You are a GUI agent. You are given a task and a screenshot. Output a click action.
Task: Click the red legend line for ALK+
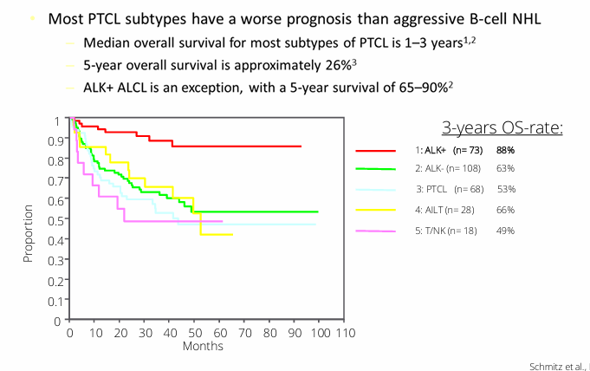coord(376,151)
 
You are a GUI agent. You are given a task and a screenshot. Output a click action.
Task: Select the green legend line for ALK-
coord(376,171)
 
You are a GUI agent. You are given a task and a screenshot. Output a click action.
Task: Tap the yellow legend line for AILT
coord(376,211)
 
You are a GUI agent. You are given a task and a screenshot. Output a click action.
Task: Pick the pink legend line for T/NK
coord(376,231)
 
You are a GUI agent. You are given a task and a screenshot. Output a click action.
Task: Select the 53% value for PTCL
coord(507,190)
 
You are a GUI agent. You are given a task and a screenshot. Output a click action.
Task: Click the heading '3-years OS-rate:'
coord(502,128)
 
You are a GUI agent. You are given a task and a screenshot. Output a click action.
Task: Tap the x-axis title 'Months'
coord(203,346)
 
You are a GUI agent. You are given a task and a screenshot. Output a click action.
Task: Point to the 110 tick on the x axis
coord(346,333)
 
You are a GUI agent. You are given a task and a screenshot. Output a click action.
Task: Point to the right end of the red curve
coord(301,146)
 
